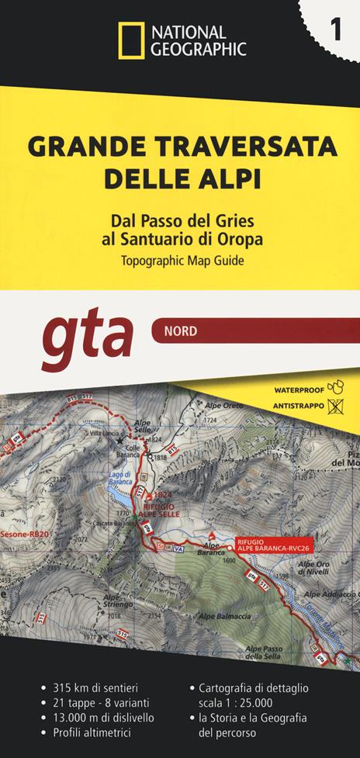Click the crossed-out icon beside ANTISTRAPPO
pyautogui.click(x=336, y=404)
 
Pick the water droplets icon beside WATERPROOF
pyautogui.click(x=335, y=386)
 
